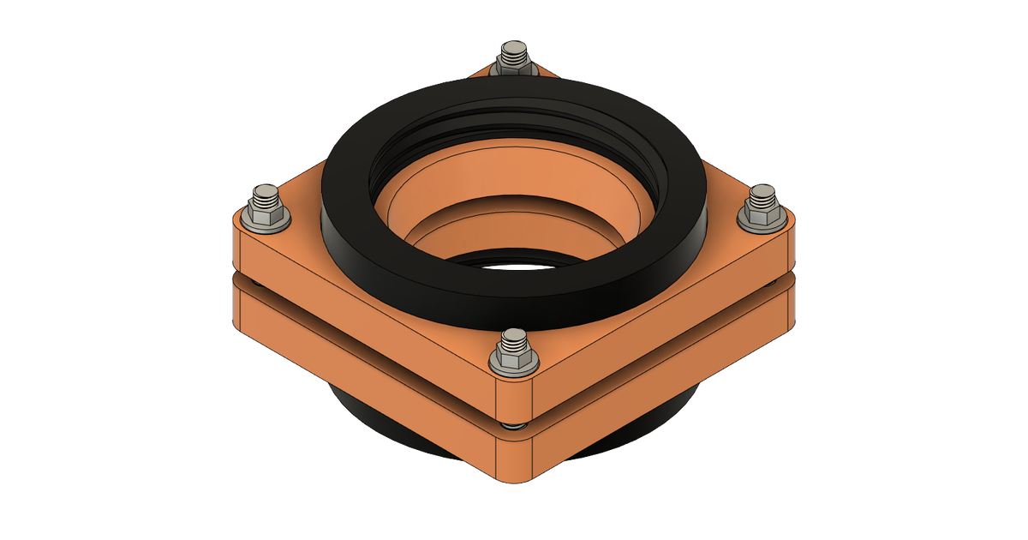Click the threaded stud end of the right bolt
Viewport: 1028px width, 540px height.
click(x=761, y=196)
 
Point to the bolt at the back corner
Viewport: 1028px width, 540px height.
click(x=513, y=60)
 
